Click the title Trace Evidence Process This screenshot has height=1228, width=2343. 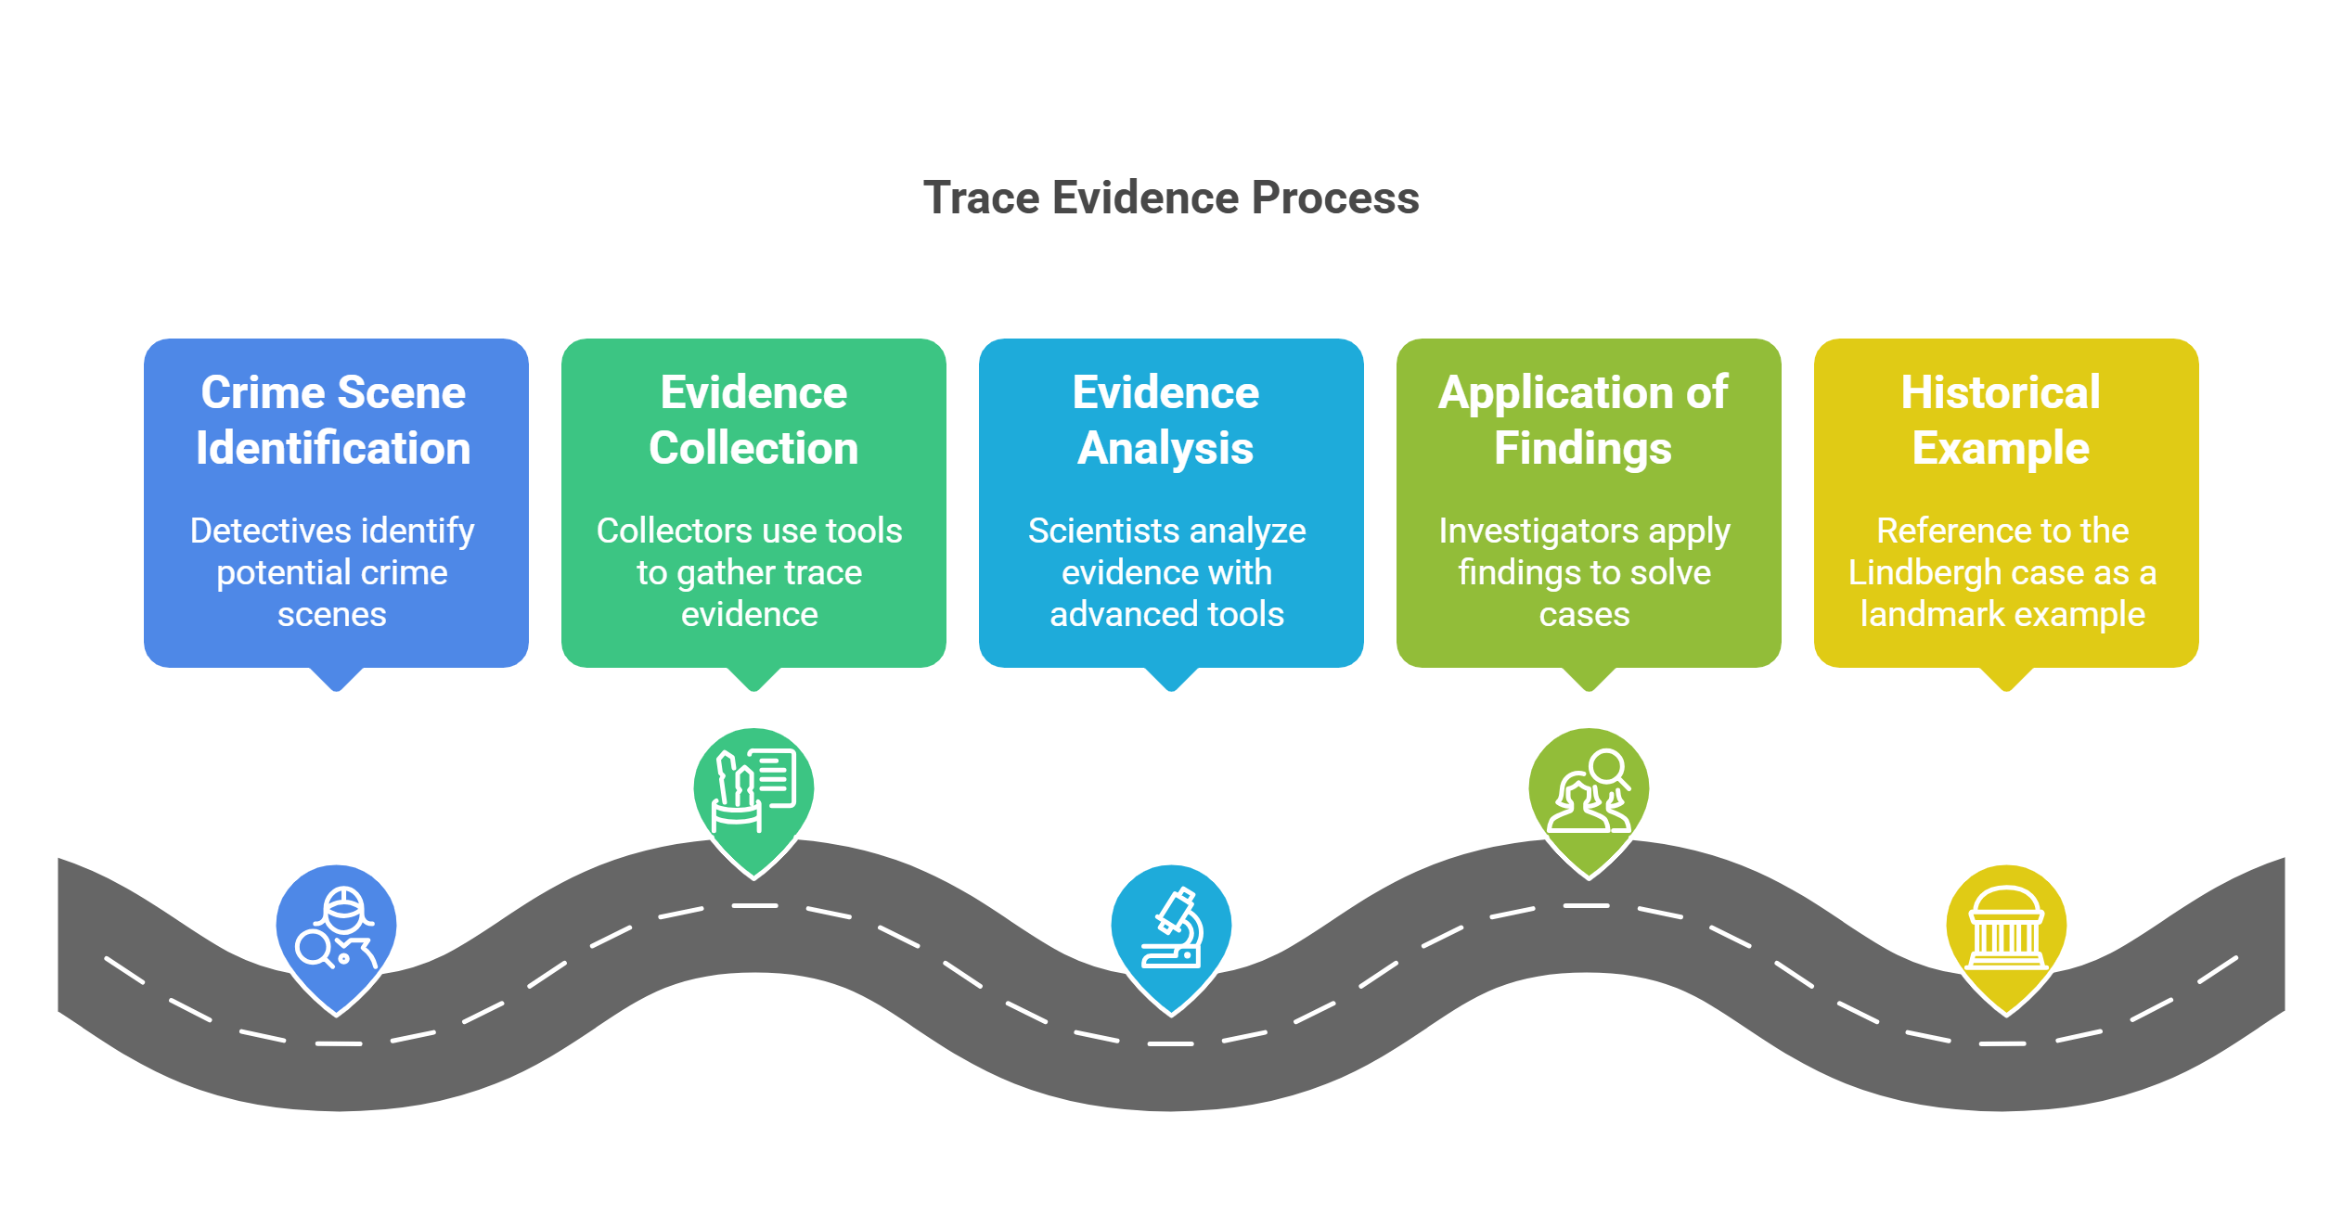point(1171,198)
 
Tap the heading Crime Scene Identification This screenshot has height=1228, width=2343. point(334,420)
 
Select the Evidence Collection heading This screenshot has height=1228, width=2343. point(753,420)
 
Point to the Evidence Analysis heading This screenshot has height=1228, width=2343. point(1165,420)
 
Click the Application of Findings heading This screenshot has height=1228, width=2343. point(1583,420)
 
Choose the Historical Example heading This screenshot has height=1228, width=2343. point(2001,420)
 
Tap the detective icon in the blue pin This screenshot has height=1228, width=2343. point(336,928)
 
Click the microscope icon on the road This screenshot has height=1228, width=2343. point(1172,927)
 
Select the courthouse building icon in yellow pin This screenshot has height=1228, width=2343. point(2006,928)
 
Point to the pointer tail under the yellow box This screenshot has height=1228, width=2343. point(2006,680)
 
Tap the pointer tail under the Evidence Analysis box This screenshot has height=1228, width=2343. point(1171,680)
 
